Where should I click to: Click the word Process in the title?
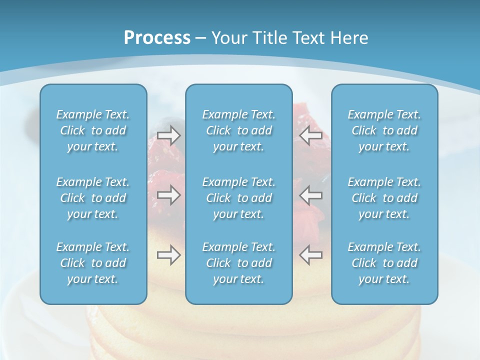(x=157, y=38)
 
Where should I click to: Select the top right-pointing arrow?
(x=168, y=135)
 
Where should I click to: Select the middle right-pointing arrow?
(x=168, y=194)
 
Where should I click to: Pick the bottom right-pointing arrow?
(x=168, y=255)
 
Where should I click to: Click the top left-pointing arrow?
(x=310, y=135)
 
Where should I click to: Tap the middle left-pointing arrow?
(x=310, y=194)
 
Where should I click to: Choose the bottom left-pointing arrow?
(x=310, y=255)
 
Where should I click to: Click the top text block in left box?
(x=93, y=130)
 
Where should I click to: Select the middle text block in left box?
(x=93, y=198)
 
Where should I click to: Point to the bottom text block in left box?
(x=93, y=263)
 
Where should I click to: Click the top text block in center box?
(x=239, y=130)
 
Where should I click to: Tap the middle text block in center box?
(x=239, y=198)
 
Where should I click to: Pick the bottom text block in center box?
(x=239, y=263)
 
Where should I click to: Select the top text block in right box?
(x=384, y=130)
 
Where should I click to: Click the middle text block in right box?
(x=384, y=198)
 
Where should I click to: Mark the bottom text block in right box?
(x=384, y=263)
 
